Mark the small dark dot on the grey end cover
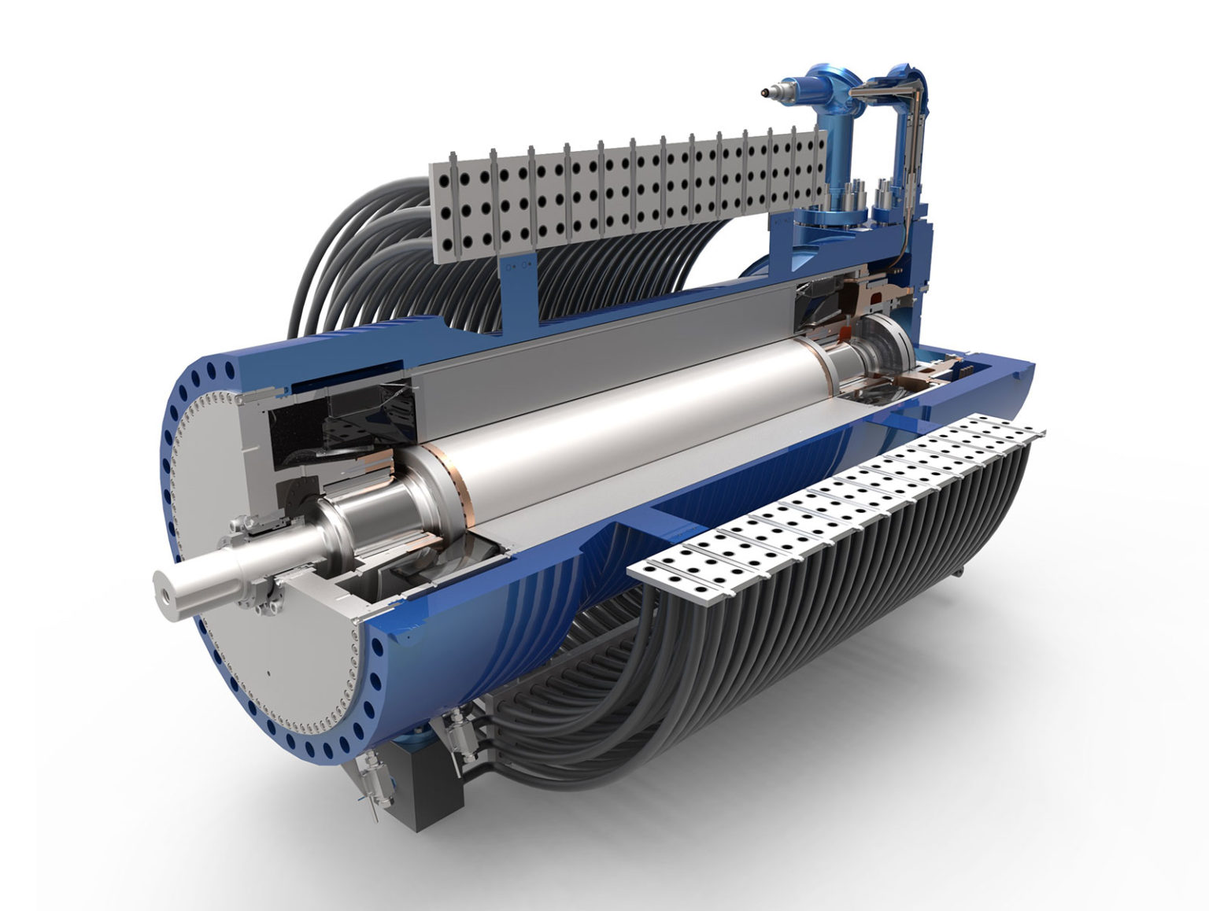[268, 673]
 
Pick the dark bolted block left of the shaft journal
[291, 492]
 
